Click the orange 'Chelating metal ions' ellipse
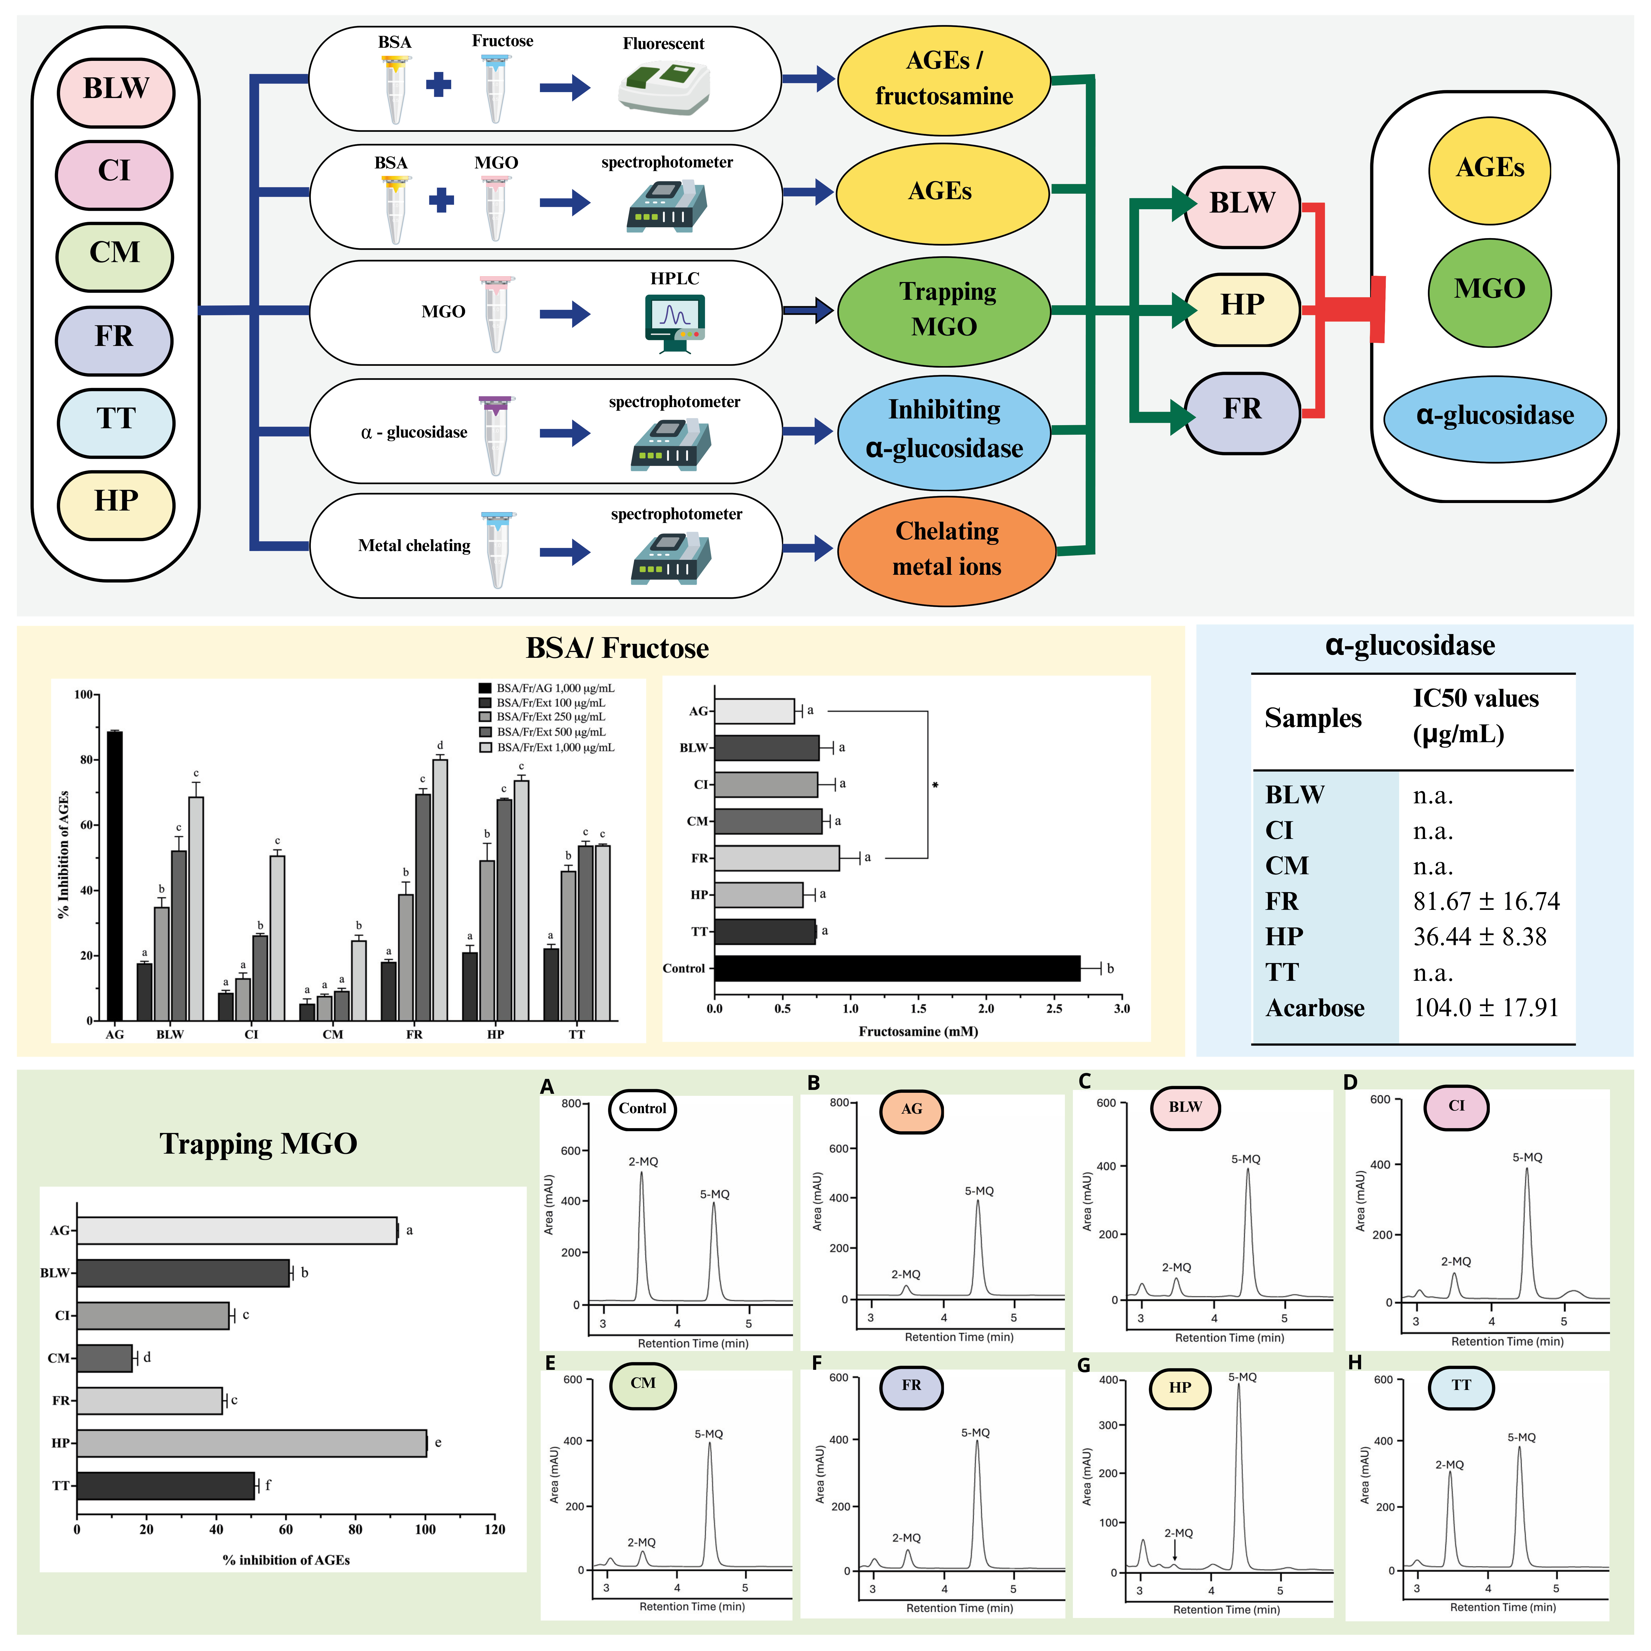pyautogui.click(x=946, y=549)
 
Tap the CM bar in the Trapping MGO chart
pyautogui.click(x=104, y=1358)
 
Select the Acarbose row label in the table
pyautogui.click(x=1314, y=1008)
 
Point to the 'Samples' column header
pyautogui.click(x=1313, y=718)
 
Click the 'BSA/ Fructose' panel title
pyautogui.click(x=617, y=649)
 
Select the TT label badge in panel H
pyautogui.click(x=1460, y=1385)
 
